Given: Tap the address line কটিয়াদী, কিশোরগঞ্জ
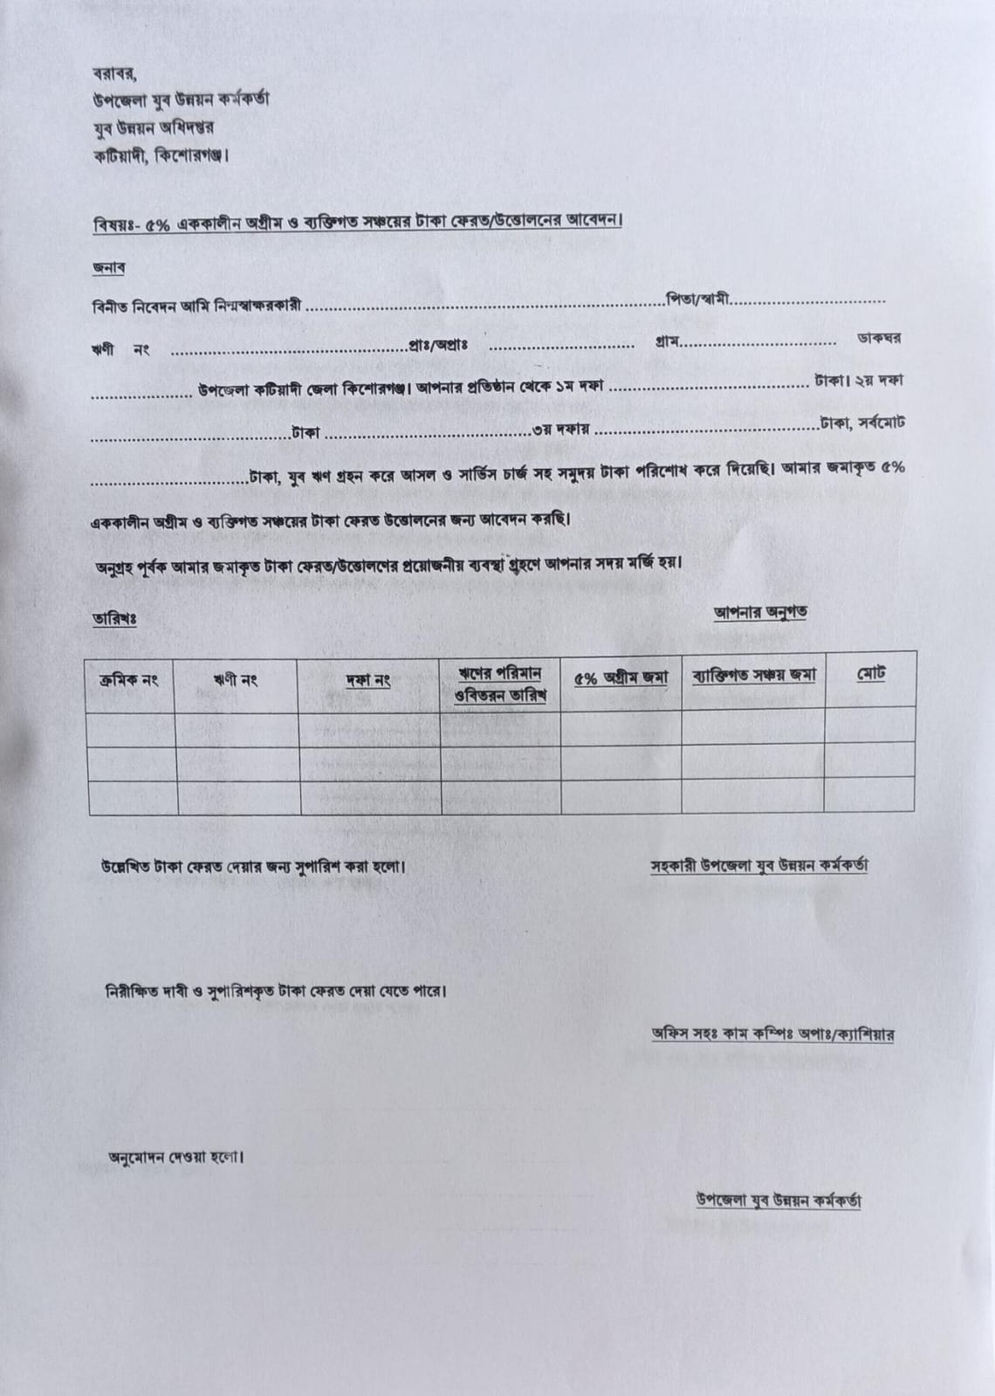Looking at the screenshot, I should (x=161, y=156).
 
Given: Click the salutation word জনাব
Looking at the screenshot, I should (x=107, y=268).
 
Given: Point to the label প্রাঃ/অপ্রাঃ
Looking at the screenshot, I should (x=438, y=344).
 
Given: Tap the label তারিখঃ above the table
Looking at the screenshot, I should (x=113, y=618).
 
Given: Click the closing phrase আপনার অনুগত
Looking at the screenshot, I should (x=759, y=612).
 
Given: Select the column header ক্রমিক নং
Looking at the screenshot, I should (x=128, y=680).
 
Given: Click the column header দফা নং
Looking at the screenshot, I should (x=367, y=680).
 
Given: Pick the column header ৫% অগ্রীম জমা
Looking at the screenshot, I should (x=621, y=677).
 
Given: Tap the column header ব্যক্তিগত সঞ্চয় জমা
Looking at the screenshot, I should (x=753, y=675).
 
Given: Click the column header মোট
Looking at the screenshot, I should (x=870, y=674).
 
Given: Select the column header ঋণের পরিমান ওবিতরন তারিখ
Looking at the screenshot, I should (x=500, y=684).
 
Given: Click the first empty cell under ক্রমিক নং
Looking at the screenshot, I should (x=131, y=729).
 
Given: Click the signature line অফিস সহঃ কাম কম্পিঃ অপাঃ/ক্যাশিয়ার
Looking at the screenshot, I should (x=772, y=1034).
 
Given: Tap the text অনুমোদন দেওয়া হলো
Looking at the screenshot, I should (x=175, y=1158).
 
